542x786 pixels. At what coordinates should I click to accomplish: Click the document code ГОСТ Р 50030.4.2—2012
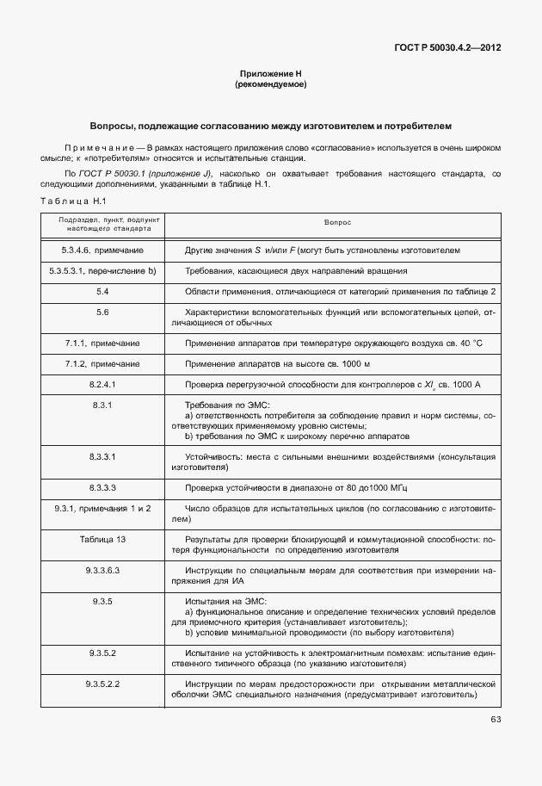tap(449, 48)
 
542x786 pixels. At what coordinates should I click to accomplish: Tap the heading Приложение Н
tap(270, 75)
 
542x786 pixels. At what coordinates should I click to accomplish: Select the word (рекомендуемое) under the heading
tap(270, 85)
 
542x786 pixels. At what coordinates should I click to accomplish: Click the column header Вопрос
tap(337, 221)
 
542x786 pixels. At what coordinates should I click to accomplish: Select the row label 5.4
tap(102, 292)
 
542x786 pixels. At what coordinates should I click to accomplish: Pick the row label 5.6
tap(102, 312)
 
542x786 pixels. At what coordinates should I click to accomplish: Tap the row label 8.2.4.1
tap(102, 383)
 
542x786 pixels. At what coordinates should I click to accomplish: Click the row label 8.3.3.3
tap(102, 486)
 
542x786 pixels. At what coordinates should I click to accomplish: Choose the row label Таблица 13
tap(102, 539)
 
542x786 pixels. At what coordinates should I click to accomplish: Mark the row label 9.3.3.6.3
tap(102, 570)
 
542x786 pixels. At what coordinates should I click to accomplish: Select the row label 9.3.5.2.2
tap(102, 683)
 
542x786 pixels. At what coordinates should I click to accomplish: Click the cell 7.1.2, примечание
tap(102, 363)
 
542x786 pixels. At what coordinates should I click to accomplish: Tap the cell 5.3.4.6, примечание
tap(102, 251)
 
